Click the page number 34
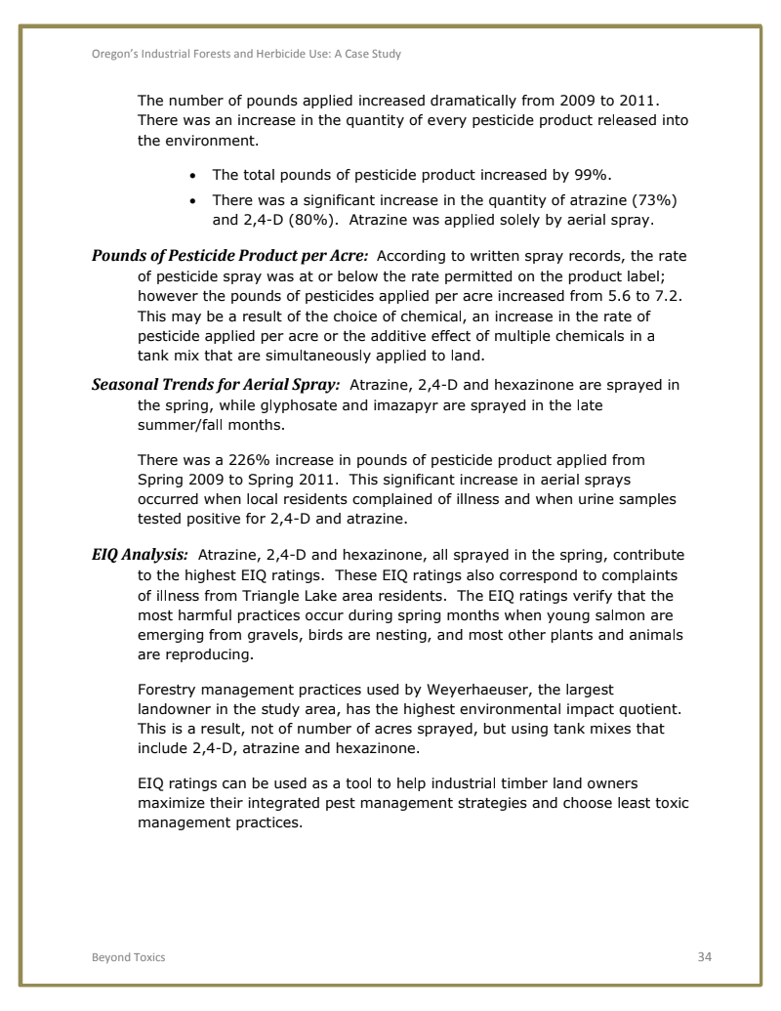tap(704, 956)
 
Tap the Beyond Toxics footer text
tap(122, 957)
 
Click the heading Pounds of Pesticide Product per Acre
tap(229, 256)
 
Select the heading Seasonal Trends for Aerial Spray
tap(216, 384)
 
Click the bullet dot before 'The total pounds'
tap(192, 176)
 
